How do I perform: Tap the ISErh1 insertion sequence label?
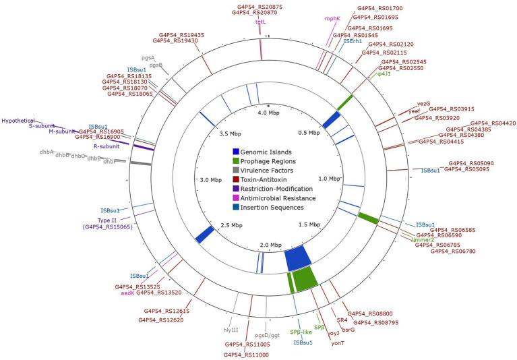tap(353, 42)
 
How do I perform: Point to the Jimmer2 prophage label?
tap(421, 239)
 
